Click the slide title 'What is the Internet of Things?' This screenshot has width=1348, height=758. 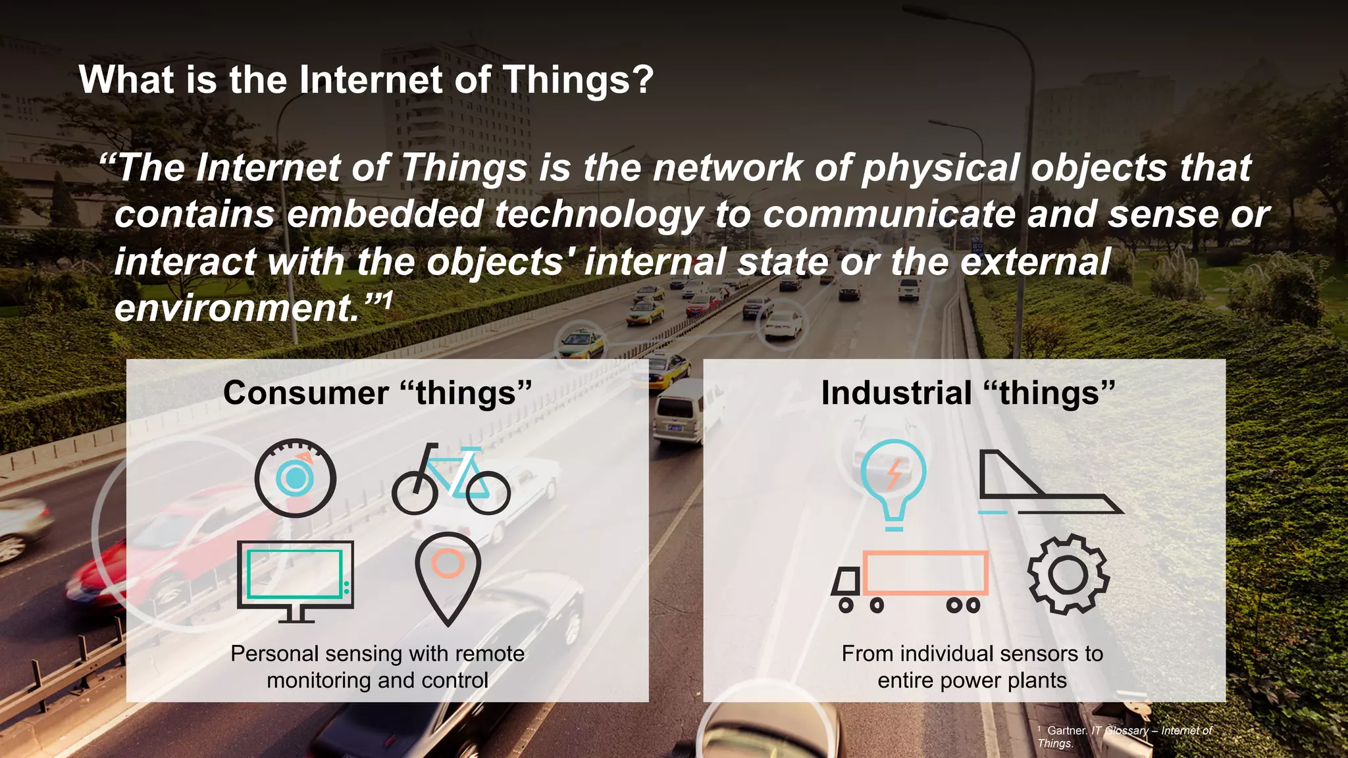click(366, 80)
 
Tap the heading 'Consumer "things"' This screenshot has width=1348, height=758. click(377, 393)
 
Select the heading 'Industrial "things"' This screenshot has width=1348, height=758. click(968, 393)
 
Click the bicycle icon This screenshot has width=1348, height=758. click(451, 480)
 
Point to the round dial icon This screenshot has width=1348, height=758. click(296, 478)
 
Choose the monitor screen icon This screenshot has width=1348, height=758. click(295, 580)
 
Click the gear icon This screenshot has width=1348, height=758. click(1068, 574)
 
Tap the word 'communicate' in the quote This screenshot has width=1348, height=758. click(889, 215)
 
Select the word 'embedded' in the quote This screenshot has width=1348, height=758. click(385, 215)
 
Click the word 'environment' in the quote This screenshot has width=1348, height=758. click(235, 308)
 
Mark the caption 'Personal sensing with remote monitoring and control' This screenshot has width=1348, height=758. click(377, 667)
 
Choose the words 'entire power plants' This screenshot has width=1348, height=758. click(972, 680)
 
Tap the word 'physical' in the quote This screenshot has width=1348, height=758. click(941, 168)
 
